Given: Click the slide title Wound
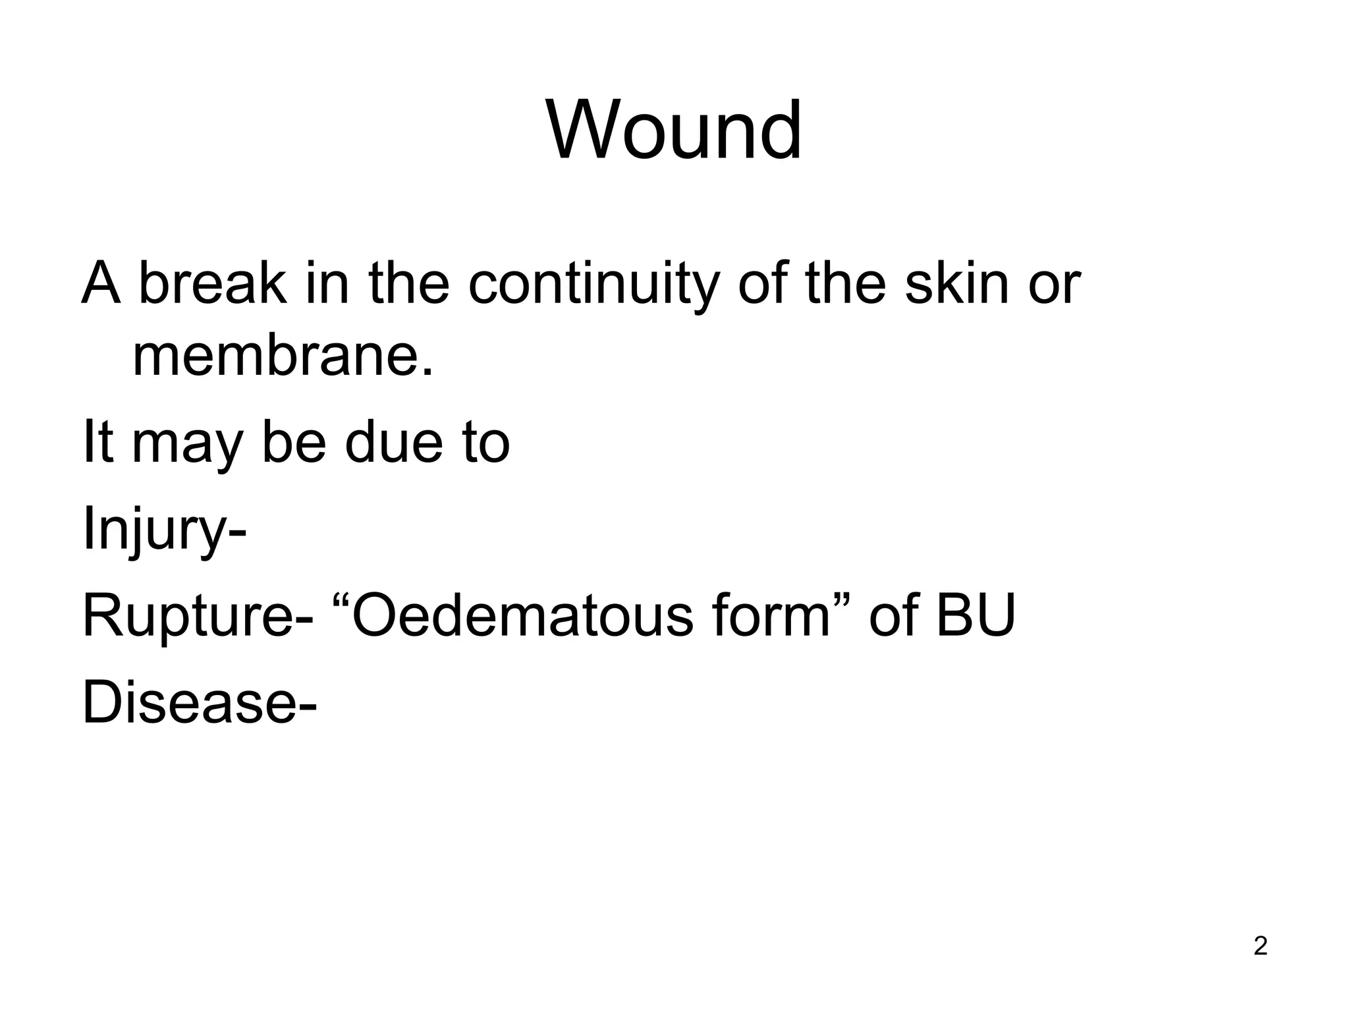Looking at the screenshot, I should click(674, 130).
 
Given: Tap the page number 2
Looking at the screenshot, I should click(1260, 946).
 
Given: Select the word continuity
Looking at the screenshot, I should click(591, 285).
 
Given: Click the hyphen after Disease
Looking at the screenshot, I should click(308, 708).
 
